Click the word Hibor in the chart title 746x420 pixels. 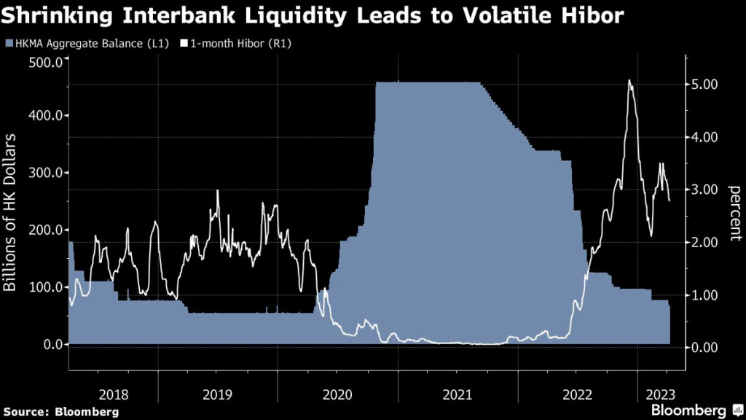point(586,15)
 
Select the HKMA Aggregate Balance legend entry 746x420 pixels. point(92,44)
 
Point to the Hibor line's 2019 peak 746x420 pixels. point(218,190)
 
